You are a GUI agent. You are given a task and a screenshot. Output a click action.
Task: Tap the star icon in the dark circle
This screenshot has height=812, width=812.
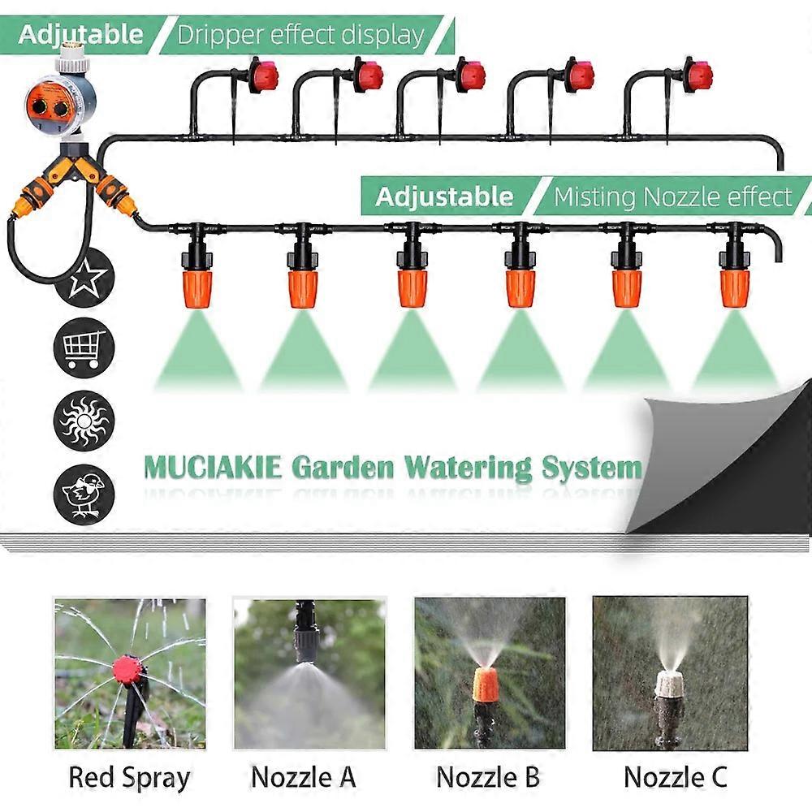click(x=84, y=278)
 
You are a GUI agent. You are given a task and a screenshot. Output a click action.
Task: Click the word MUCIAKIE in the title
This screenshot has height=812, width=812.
click(x=212, y=469)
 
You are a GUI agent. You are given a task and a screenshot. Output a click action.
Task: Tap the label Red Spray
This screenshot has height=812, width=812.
click(x=129, y=777)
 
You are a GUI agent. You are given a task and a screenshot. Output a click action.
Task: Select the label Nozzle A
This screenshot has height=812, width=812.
click(x=303, y=777)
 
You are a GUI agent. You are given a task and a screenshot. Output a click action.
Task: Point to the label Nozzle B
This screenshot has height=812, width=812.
click(x=488, y=777)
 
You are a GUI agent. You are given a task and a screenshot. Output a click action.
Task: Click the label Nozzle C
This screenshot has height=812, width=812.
click(x=676, y=777)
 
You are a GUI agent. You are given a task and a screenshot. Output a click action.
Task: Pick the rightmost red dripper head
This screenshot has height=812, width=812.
click(x=698, y=76)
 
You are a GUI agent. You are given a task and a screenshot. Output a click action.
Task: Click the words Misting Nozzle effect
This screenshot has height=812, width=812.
click(x=672, y=197)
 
